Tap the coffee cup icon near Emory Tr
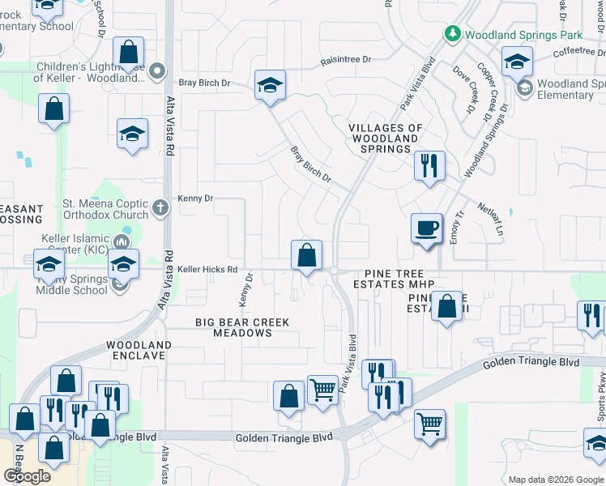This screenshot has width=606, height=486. point(426,228)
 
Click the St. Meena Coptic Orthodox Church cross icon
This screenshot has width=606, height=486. point(160,208)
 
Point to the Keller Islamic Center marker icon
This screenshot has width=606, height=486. point(122,241)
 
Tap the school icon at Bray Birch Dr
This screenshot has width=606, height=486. point(271,85)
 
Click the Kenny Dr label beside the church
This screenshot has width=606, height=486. point(196,198)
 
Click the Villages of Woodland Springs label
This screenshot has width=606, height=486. point(386,139)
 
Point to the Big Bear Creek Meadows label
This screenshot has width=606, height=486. point(242,327)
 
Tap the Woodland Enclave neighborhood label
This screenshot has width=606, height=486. point(139,350)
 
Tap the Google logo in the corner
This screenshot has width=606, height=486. point(28,476)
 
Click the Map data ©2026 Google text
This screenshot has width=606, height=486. point(555,480)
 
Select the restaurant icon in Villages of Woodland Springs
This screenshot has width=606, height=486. point(429,165)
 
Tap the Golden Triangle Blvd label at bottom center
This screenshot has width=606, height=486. point(284,437)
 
